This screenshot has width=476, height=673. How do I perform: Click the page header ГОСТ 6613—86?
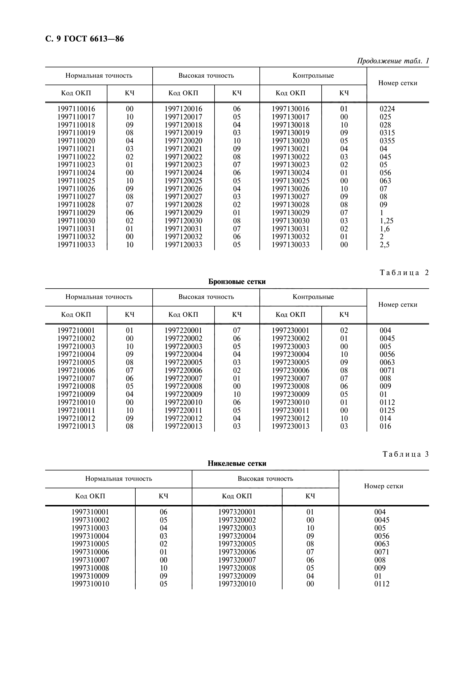(85, 39)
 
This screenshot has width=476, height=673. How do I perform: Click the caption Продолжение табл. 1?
(393, 61)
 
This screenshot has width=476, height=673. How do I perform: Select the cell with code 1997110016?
(76, 109)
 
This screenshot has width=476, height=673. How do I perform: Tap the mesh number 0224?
(387, 109)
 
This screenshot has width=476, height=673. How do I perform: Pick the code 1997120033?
(183, 245)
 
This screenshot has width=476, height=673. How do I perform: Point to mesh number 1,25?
(386, 221)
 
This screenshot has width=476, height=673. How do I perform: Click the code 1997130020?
(290, 141)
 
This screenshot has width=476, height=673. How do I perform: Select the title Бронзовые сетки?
(237, 282)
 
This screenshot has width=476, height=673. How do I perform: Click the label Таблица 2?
(404, 272)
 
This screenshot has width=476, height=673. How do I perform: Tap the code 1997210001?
(76, 330)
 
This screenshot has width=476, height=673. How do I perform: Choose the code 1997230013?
(290, 426)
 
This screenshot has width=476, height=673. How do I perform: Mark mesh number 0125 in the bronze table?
(387, 410)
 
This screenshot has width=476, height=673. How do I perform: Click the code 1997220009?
(183, 394)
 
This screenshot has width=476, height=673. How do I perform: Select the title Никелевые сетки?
(237, 464)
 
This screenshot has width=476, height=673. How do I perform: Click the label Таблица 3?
(406, 454)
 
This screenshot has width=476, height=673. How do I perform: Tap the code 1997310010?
(90, 584)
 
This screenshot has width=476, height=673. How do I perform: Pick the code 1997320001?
(237, 512)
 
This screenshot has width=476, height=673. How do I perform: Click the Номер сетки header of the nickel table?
(383, 486)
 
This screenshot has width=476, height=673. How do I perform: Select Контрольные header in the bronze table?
(313, 297)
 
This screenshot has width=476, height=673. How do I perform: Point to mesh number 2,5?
(384, 245)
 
